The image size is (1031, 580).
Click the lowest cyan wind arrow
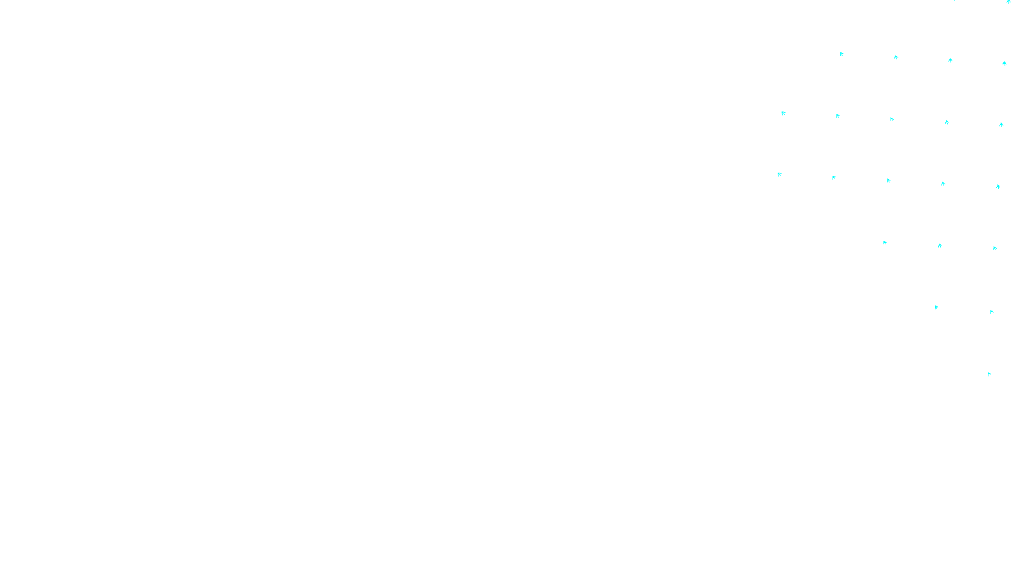(989, 374)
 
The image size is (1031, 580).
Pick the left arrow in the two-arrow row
(936, 307)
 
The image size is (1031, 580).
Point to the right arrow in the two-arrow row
(992, 312)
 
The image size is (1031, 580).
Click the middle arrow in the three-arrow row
(940, 246)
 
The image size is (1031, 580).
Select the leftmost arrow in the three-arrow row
(885, 243)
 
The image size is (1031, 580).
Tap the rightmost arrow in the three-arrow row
(995, 248)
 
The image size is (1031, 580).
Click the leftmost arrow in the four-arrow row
(842, 54)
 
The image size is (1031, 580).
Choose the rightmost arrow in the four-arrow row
(1005, 63)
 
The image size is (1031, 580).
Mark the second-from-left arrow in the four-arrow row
(896, 57)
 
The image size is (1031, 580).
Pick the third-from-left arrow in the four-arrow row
(950, 60)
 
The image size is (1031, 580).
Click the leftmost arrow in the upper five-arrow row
(784, 113)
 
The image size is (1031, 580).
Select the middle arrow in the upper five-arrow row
(892, 119)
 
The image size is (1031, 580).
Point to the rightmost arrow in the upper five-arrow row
(1001, 125)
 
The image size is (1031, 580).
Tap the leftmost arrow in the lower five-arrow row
(780, 175)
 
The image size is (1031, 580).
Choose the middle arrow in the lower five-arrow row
(889, 180)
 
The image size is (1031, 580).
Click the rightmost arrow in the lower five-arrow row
(998, 186)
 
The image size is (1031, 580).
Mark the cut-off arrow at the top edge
(1008, 2)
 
